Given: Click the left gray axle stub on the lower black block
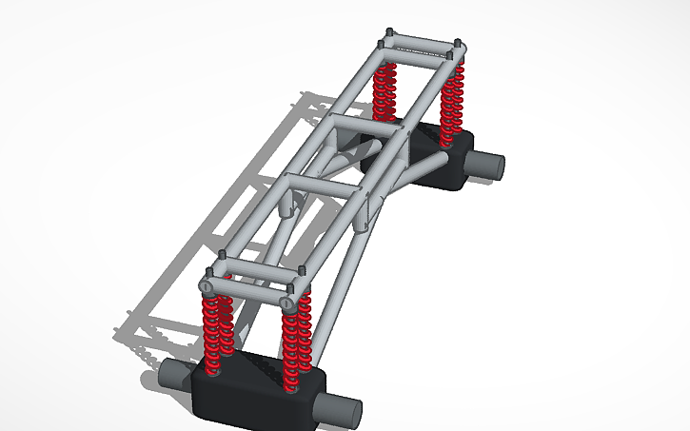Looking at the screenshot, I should (x=174, y=375).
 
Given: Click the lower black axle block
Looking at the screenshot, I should (x=255, y=391).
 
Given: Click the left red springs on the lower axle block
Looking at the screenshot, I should (x=218, y=333).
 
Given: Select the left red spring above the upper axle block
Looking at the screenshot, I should (x=384, y=90).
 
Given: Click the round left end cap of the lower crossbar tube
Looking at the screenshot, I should (x=207, y=286).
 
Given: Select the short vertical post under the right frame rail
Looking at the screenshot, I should (x=362, y=213).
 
